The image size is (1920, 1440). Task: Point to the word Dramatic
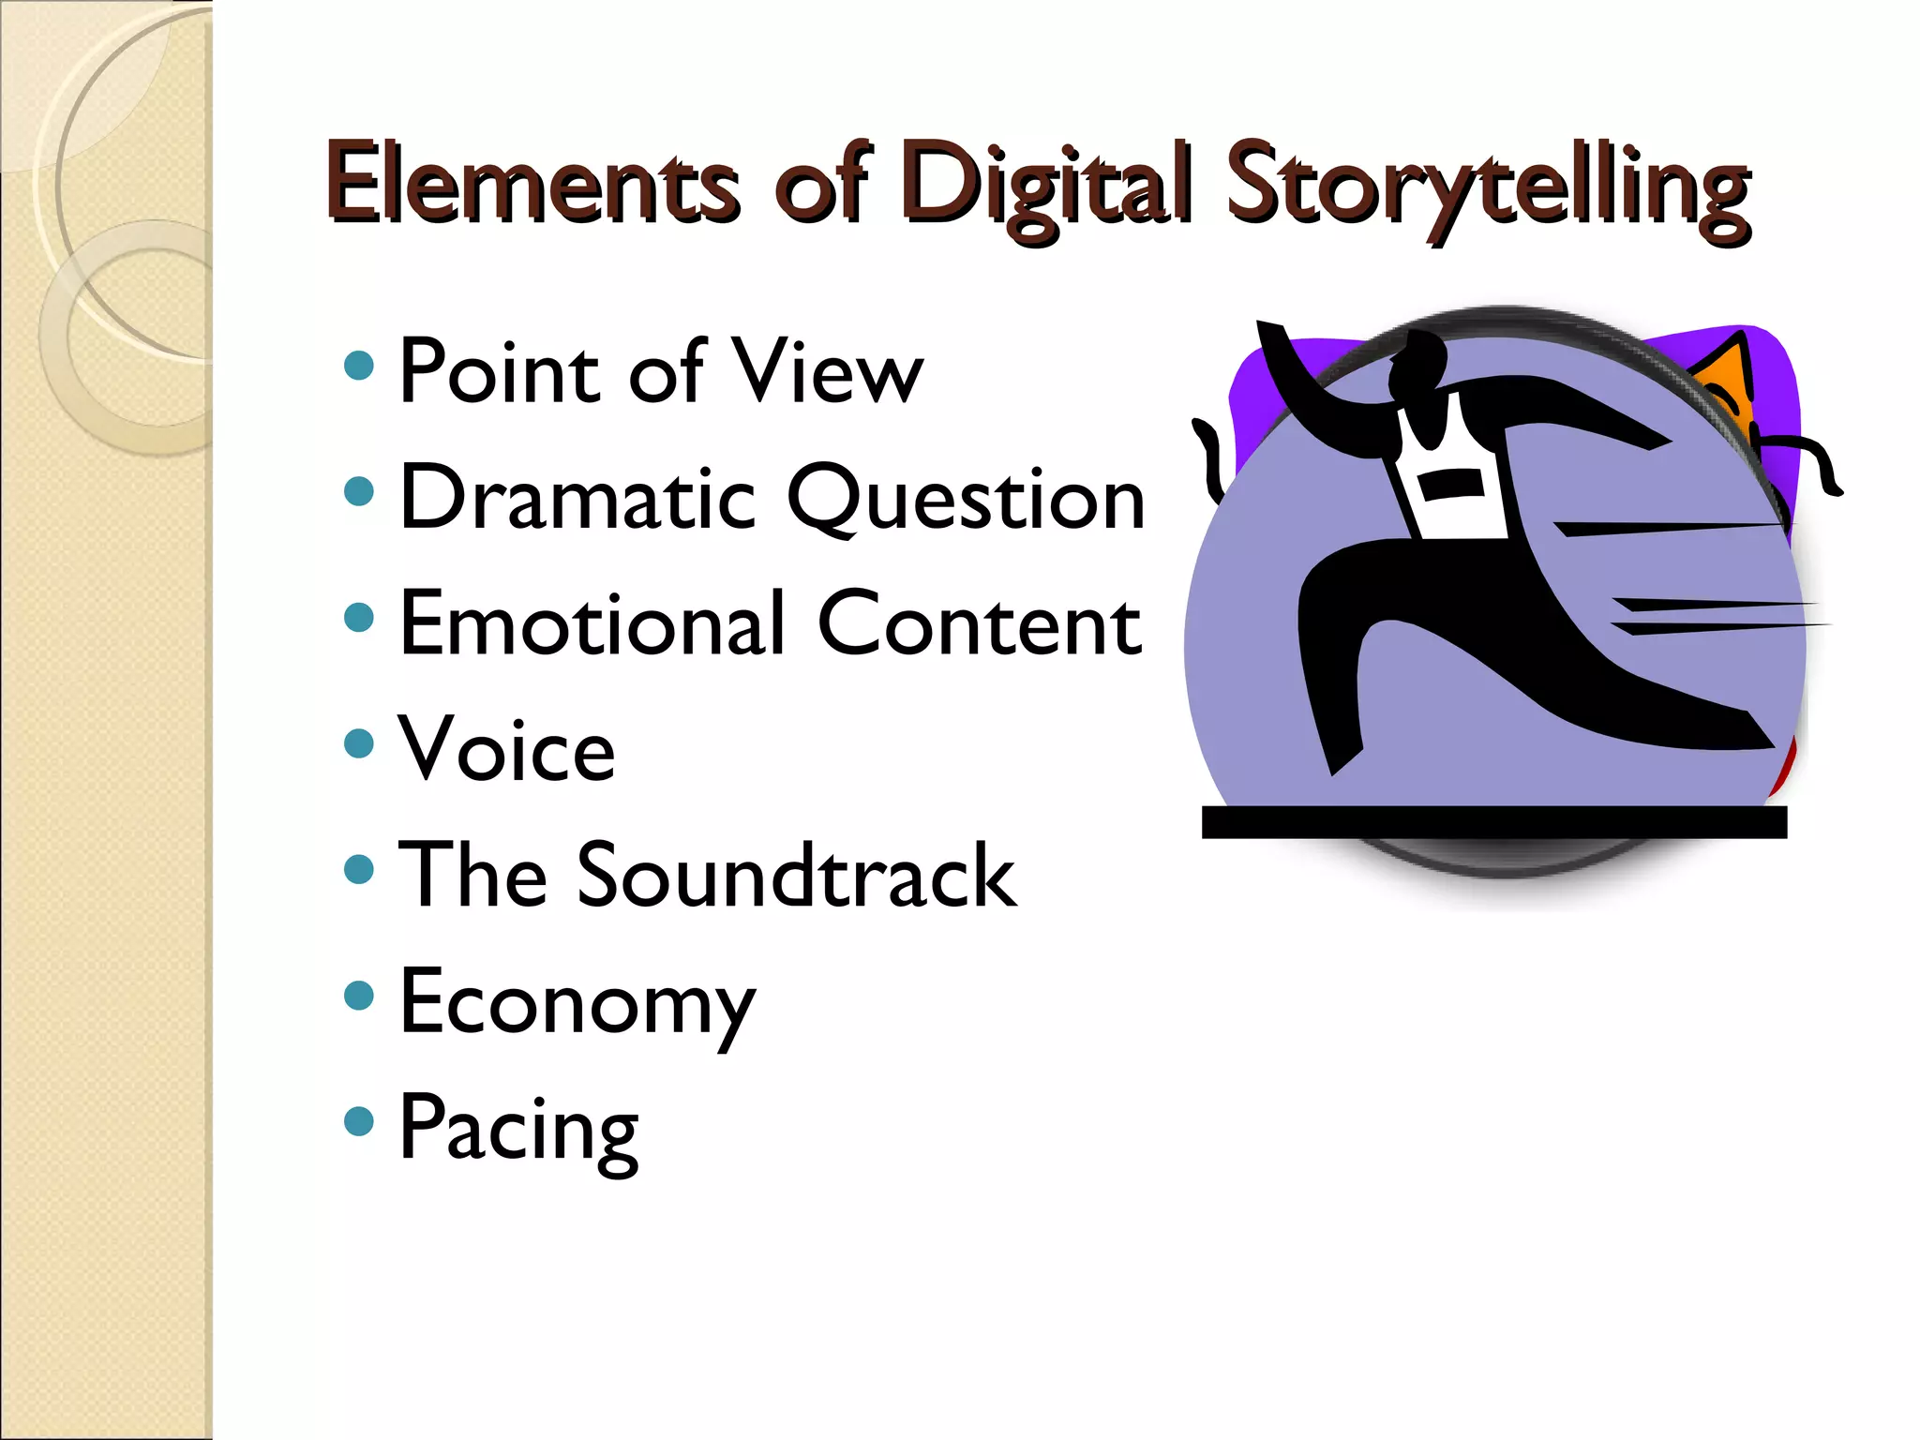coord(577,498)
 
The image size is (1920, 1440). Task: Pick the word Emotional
coord(592,623)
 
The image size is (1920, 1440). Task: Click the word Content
coord(979,623)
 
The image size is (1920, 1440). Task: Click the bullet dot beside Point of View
coord(359,365)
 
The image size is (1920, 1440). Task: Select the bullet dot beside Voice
coord(359,743)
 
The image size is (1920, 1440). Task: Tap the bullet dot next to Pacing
coord(359,1120)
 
